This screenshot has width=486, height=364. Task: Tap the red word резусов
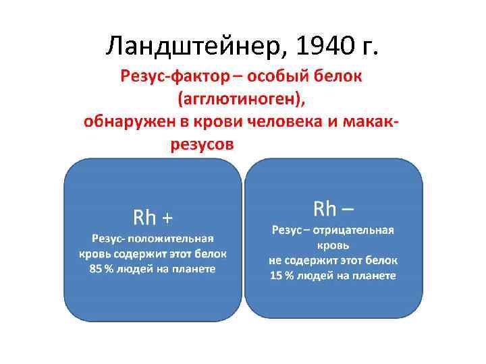tap(203, 144)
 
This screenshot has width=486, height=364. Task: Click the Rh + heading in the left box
tap(153, 217)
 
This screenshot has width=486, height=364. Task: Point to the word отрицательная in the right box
tap(356, 231)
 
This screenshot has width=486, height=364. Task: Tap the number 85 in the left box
tap(96, 269)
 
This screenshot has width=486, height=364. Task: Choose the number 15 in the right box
tap(277, 276)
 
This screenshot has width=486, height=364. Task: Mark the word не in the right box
tap(275, 260)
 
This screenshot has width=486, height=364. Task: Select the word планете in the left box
tap(192, 269)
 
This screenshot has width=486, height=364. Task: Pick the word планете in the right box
tap(373, 276)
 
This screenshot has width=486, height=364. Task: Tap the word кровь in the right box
tap(334, 245)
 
